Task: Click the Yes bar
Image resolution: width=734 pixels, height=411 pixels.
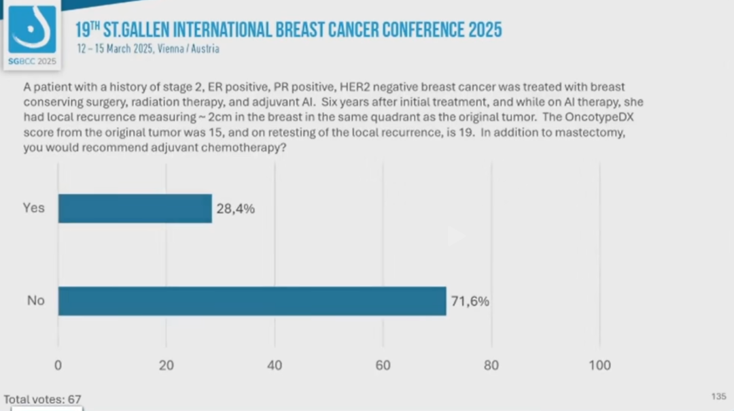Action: pos(135,208)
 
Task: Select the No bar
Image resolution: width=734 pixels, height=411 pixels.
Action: pos(252,301)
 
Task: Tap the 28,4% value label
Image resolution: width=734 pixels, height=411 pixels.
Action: pos(235,209)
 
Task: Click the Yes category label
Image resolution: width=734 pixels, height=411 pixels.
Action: pos(33,208)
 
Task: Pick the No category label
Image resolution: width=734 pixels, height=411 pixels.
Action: pos(35,300)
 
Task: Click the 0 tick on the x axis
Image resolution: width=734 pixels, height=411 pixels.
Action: pos(58,365)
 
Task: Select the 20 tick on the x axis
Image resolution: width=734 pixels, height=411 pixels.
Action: pos(166,365)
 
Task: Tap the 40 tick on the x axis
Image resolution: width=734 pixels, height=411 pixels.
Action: pos(275,365)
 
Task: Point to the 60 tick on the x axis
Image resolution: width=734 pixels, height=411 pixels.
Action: pos(383,365)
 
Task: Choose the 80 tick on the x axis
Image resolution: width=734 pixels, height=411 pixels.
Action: pos(491,365)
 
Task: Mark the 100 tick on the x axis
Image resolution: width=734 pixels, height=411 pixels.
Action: pos(599,365)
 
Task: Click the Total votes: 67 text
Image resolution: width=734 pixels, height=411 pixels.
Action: pos(43,399)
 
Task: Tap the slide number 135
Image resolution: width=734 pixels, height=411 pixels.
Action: pos(718,396)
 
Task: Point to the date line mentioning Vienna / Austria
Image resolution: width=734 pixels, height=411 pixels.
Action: pos(148,49)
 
